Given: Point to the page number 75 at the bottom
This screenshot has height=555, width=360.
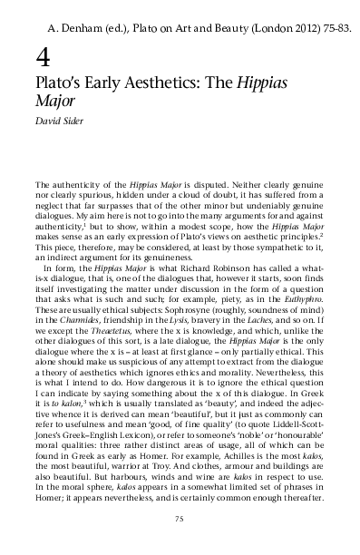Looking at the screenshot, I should click(x=180, y=518).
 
